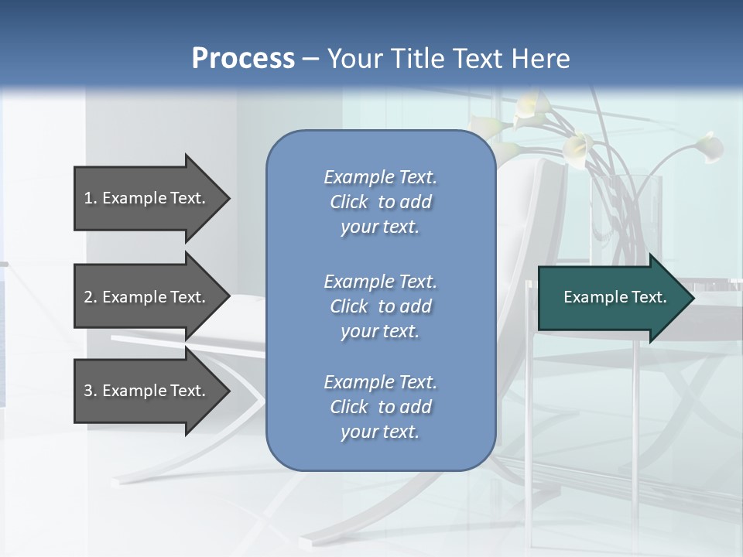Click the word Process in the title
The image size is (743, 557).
[243, 58]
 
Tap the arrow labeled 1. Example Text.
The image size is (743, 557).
[147, 198]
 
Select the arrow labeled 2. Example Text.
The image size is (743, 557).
[147, 297]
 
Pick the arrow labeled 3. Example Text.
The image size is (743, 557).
[147, 391]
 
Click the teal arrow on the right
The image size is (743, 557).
[611, 298]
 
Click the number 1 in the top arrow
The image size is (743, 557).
[88, 198]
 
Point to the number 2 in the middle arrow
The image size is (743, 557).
[88, 297]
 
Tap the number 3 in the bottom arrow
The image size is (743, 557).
[88, 391]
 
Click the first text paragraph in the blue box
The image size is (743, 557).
[380, 202]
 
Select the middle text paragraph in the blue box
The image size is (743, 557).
[380, 306]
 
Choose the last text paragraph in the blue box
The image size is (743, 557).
[380, 407]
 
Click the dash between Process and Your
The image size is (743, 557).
[310, 59]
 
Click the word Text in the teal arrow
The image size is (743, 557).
[649, 297]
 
